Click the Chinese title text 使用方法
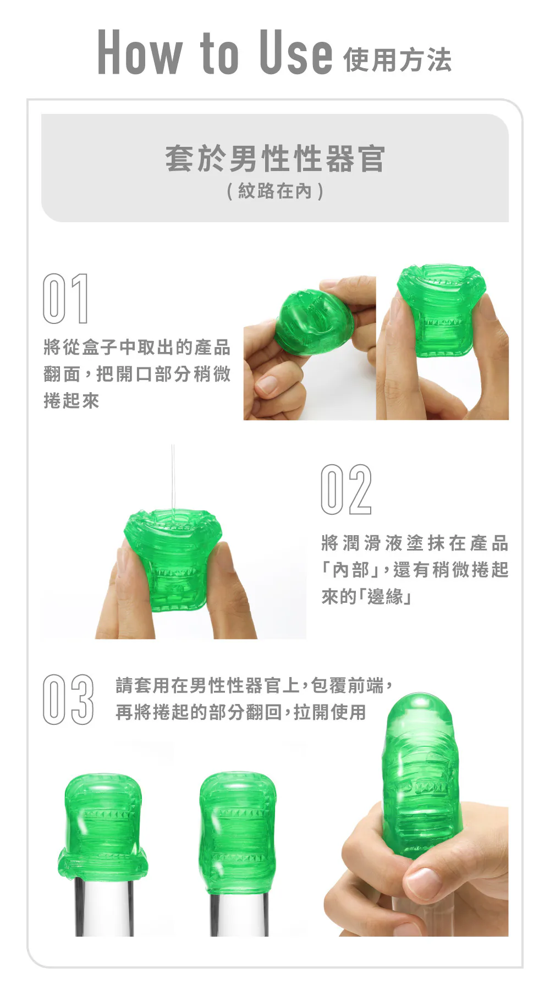pos(397,60)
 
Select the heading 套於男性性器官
pos(275,158)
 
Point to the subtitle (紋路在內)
pos(275,191)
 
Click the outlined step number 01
pos(65,298)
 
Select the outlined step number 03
pos(68,699)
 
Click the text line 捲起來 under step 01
pos(71,400)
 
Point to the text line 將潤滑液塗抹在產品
pos(415,543)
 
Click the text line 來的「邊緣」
pos(366,596)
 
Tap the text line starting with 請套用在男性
pos(254,685)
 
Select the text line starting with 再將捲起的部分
pos(241,712)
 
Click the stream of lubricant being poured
pos(173,479)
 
